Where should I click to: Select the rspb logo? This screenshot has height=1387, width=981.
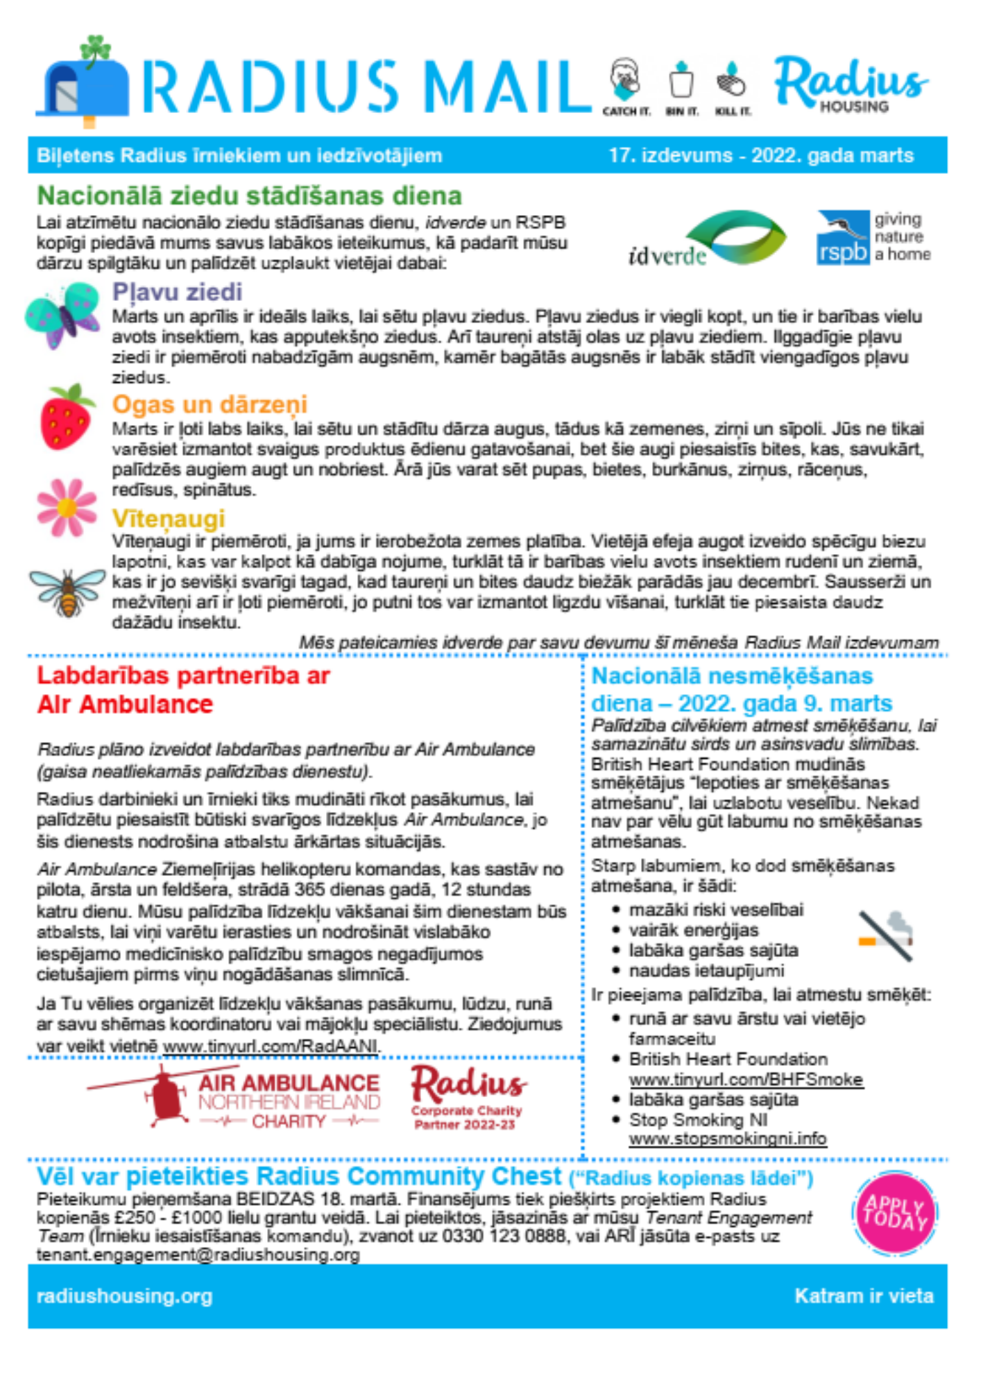[x=844, y=238]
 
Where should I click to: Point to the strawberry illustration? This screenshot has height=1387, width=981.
[x=67, y=417]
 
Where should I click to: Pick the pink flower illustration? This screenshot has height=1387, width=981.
[x=67, y=508]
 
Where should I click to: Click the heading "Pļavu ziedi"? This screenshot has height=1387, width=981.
[x=177, y=292]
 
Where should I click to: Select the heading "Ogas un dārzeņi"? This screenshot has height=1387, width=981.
[x=210, y=404]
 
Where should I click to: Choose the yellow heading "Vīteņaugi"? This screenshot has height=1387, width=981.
[x=169, y=518]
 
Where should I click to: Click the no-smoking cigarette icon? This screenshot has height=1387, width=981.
[x=886, y=936]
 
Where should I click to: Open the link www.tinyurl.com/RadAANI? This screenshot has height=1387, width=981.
[x=271, y=1046]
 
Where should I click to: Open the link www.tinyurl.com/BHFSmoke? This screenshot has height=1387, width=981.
[x=746, y=1080]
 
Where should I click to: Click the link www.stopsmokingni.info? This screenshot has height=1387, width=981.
[x=728, y=1139]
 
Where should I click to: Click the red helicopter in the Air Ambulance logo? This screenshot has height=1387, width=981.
[x=165, y=1096]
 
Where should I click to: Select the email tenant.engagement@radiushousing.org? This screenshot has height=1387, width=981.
[x=198, y=1255]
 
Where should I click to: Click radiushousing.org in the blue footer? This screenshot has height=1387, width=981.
[x=125, y=1296]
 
